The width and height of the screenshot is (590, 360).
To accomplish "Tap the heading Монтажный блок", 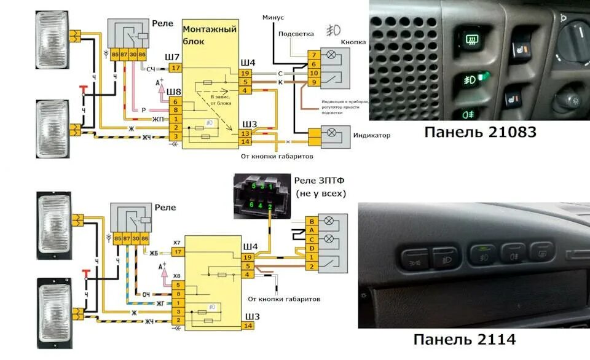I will (x=210, y=36).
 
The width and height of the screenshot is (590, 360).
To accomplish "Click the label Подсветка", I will (x=296, y=34).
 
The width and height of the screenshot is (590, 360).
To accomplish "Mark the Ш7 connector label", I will (x=173, y=57).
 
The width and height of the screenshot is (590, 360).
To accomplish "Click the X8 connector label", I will (x=176, y=276).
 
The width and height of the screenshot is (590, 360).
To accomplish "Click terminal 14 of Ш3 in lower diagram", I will (x=247, y=326).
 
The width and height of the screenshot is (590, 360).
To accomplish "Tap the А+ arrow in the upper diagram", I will (x=160, y=84).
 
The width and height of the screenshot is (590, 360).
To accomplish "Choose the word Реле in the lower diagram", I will (x=165, y=208).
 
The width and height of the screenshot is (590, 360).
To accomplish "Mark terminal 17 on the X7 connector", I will (x=177, y=252).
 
